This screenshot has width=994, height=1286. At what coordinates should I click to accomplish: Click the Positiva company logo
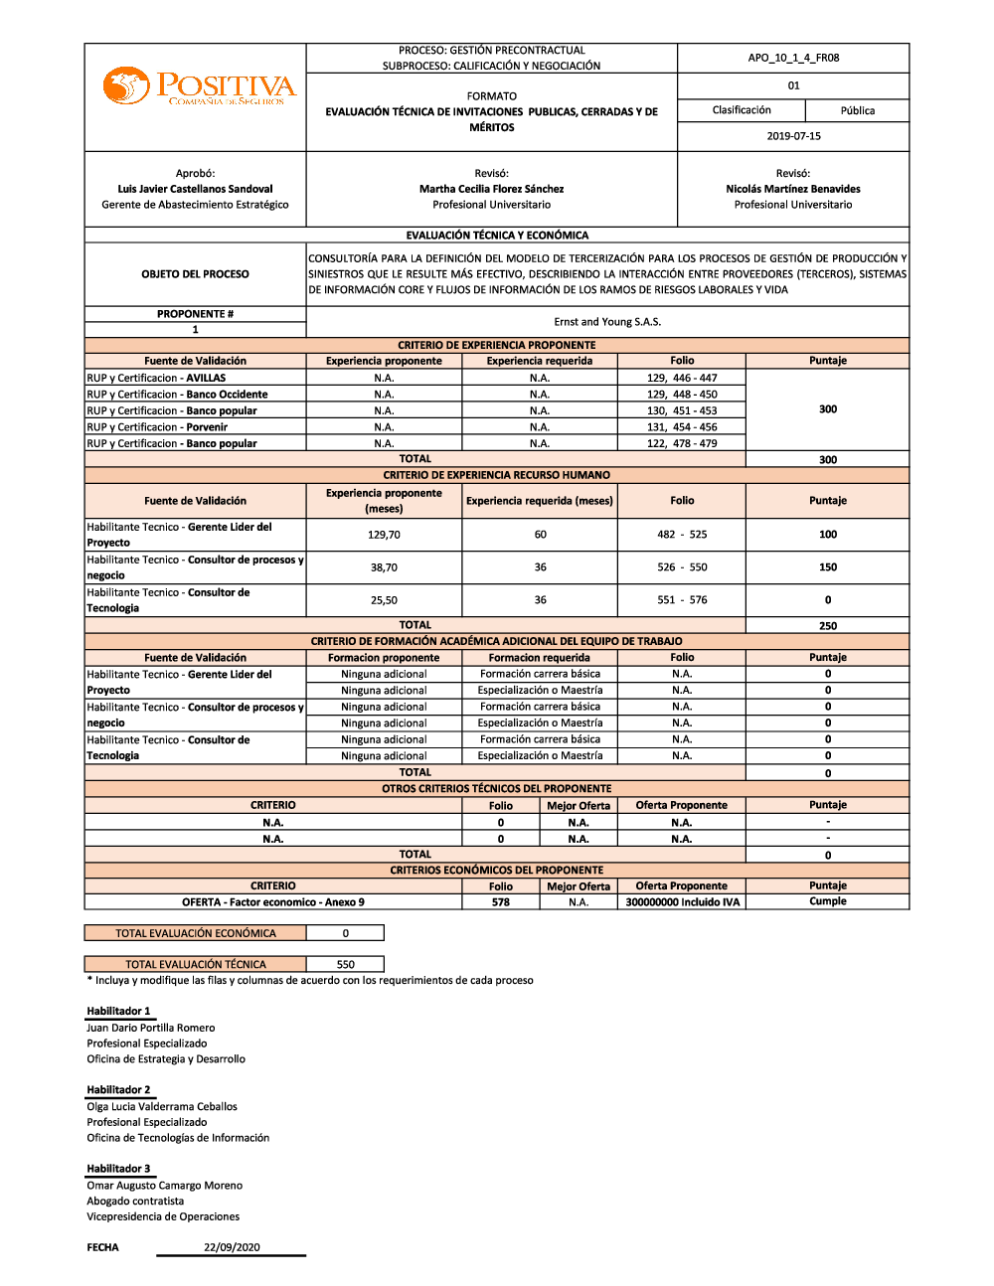[199, 86]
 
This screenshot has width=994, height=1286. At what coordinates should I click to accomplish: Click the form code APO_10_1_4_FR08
[793, 58]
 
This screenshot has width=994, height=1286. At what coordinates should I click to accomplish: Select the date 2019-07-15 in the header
[793, 136]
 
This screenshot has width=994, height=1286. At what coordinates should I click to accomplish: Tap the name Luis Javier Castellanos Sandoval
[195, 189]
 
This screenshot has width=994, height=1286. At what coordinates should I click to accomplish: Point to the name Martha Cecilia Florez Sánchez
[491, 189]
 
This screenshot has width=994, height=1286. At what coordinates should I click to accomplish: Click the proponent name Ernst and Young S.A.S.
[607, 322]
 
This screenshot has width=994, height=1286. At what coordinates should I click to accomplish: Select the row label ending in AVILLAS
[156, 378]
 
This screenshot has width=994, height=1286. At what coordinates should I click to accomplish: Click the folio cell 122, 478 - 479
[682, 443]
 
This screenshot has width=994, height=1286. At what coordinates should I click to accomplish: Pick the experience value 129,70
[384, 535]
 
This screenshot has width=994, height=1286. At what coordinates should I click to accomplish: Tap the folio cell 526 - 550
[682, 567]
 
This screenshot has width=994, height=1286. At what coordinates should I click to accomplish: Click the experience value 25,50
[384, 600]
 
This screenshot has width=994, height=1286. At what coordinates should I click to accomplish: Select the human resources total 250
[827, 626]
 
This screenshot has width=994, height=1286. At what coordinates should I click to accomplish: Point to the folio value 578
[500, 902]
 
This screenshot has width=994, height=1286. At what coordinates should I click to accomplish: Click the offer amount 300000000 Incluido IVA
[682, 902]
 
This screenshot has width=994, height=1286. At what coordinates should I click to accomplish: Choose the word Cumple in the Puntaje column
[827, 901]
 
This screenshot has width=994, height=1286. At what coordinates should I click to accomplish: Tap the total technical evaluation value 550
[345, 964]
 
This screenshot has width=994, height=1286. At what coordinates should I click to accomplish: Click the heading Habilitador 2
[118, 1090]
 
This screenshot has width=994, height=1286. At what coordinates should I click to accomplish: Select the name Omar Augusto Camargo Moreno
[164, 1186]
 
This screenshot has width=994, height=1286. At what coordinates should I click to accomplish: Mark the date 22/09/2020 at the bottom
[232, 1247]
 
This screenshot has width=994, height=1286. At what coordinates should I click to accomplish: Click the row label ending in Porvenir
[157, 427]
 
